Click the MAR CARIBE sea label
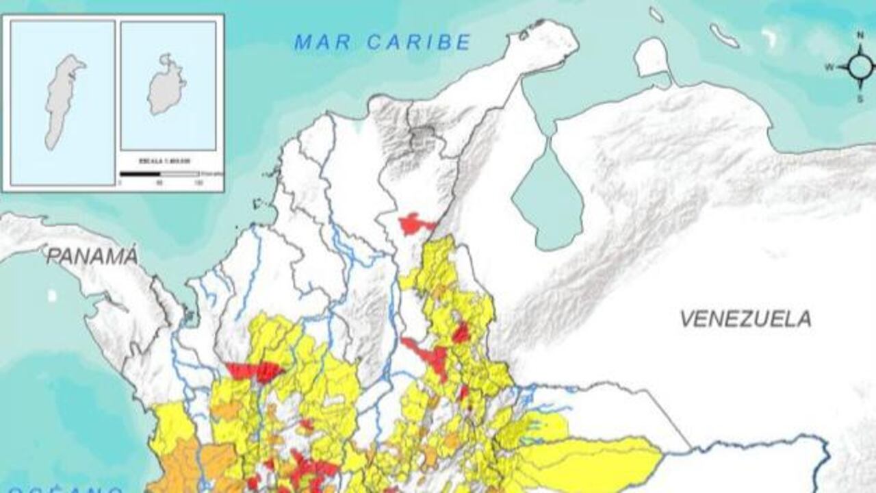383,42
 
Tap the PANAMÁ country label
92,257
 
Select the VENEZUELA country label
745,318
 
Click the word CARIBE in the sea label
418,42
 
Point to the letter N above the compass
860,34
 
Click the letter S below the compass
860,99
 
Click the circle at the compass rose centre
860,66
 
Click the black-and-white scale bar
159,174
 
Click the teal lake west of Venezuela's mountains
547,195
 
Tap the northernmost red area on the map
413,224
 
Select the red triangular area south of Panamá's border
255,371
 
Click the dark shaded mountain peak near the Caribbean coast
422,137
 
